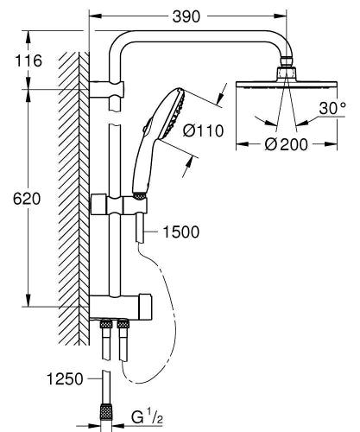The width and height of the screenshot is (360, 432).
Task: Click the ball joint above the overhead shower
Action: tap(287, 70)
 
